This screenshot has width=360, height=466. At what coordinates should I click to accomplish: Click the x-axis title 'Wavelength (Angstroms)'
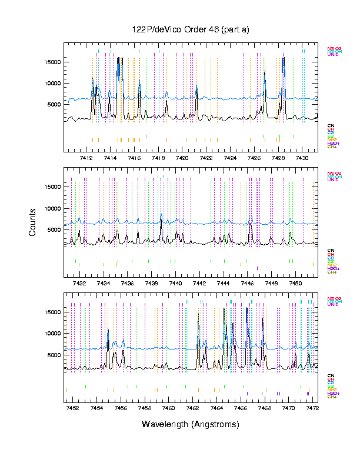(191, 424)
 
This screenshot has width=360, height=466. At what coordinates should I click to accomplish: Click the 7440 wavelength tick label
(175, 283)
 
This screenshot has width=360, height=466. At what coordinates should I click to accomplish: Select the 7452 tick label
(73, 408)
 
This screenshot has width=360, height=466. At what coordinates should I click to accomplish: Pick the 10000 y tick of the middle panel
(53, 208)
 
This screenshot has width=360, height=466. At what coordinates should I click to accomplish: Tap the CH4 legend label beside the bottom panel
(332, 397)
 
